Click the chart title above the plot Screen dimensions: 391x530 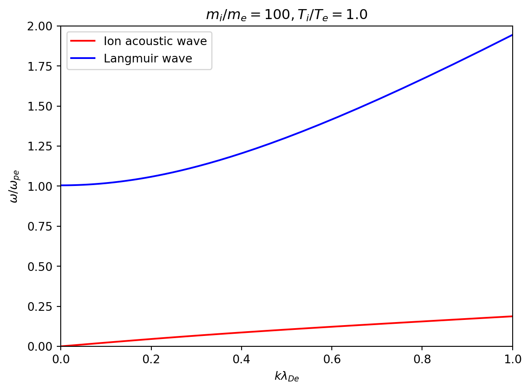point(286,15)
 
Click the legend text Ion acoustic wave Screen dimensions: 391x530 point(155,42)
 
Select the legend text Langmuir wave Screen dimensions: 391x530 point(147,59)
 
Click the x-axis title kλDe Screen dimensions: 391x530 point(287,377)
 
